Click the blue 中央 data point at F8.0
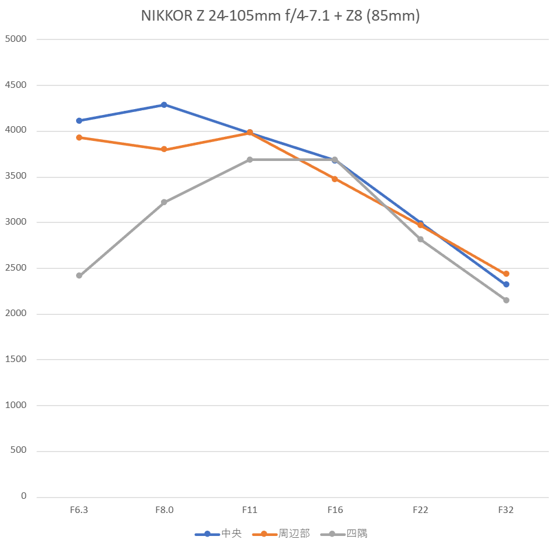pos(164,105)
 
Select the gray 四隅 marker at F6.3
pos(79,275)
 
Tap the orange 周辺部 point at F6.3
pos(79,137)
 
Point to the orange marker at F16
pos(335,179)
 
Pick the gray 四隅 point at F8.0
pos(164,202)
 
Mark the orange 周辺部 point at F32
pos(506,274)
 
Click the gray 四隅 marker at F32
pos(506,300)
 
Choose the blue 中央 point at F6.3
pos(79,120)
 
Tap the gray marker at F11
pos(249,160)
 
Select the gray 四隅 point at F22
pos(420,239)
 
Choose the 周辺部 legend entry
pos(281,534)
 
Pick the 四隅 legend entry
pos(344,534)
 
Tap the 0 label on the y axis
pos(24,496)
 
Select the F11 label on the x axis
pos(249,510)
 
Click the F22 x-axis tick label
pos(420,510)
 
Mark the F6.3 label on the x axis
pos(79,510)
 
